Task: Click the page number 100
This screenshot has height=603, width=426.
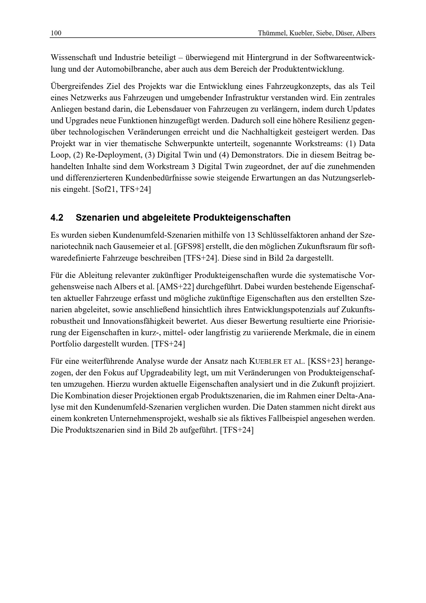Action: tap(56, 33)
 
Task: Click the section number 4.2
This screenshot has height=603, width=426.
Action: tap(57, 218)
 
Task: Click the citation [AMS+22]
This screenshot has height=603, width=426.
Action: tap(175, 287)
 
